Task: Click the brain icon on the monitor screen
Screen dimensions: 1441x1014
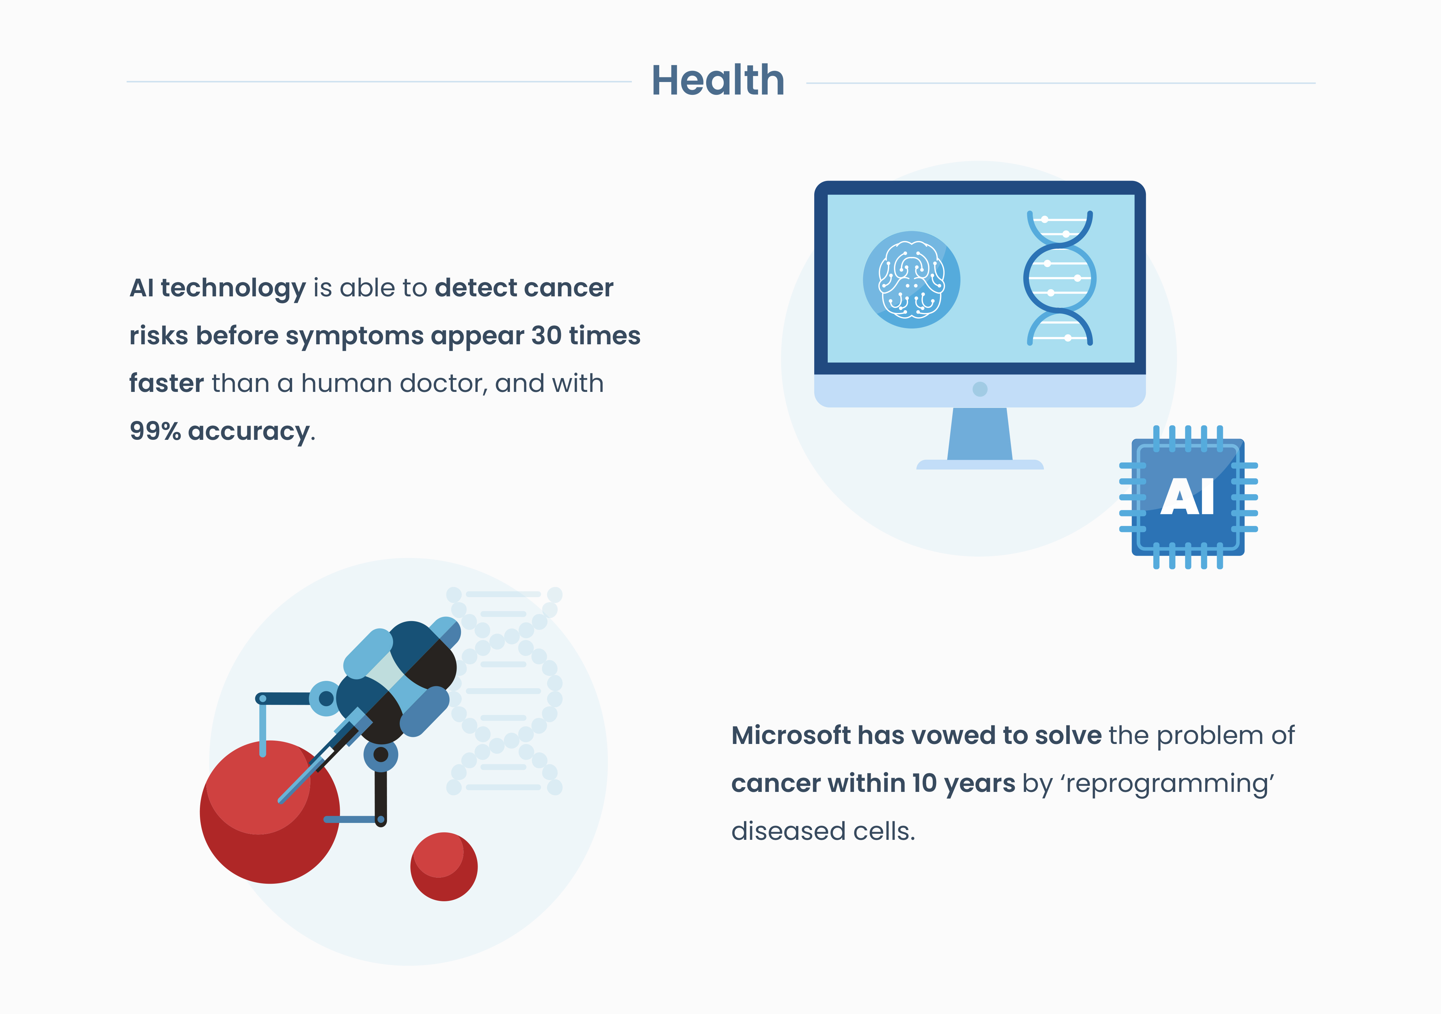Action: [x=911, y=279]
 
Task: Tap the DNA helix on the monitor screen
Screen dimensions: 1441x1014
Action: [x=1059, y=278]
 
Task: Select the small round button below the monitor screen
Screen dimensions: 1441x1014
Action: [x=980, y=389]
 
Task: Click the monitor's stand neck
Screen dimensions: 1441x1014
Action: [x=980, y=434]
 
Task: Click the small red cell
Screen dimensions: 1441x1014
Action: [x=444, y=866]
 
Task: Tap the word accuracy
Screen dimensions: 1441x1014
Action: [x=249, y=432]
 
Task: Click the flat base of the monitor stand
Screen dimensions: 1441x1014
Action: [x=980, y=465]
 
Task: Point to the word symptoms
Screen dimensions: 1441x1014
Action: [x=355, y=336]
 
